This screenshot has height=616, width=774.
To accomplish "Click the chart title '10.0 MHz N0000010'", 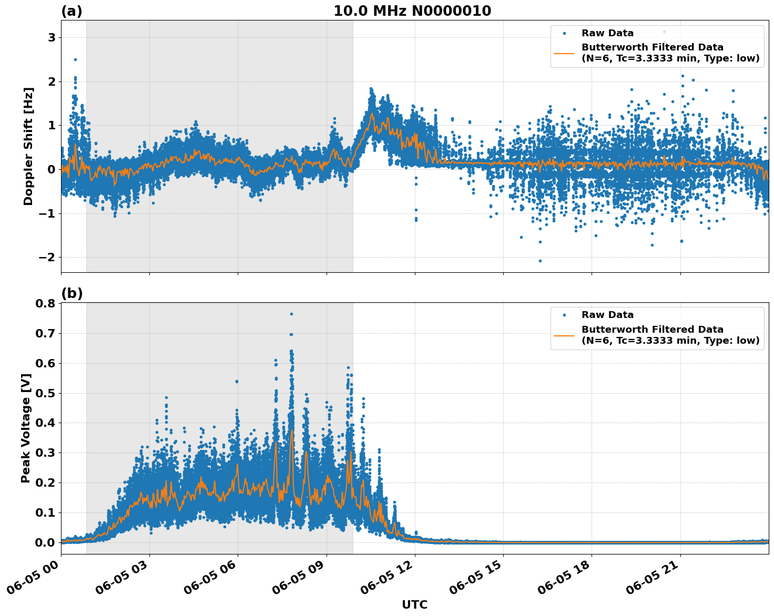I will click(412, 11).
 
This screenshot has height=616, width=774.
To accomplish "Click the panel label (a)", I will click(72, 11).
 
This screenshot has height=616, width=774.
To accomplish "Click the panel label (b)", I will click(72, 293).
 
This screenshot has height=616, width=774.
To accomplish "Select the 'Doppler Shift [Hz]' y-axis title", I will click(28, 146).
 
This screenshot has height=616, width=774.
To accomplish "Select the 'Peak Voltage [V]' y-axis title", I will click(26, 428).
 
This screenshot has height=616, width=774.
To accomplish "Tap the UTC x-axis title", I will click(414, 604).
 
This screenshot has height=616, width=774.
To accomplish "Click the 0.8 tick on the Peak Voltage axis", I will click(45, 304).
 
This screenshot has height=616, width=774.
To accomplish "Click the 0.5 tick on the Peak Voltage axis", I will click(45, 393).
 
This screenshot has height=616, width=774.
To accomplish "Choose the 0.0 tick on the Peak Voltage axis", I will click(45, 542).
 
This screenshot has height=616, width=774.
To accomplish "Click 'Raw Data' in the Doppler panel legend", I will click(607, 33).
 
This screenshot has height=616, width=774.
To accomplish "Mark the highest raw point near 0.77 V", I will click(291, 314).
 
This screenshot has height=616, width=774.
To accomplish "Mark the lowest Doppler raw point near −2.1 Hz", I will click(540, 261).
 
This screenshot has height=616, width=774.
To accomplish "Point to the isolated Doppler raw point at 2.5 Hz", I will click(75, 59).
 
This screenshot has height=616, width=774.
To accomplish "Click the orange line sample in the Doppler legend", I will click(564, 53).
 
